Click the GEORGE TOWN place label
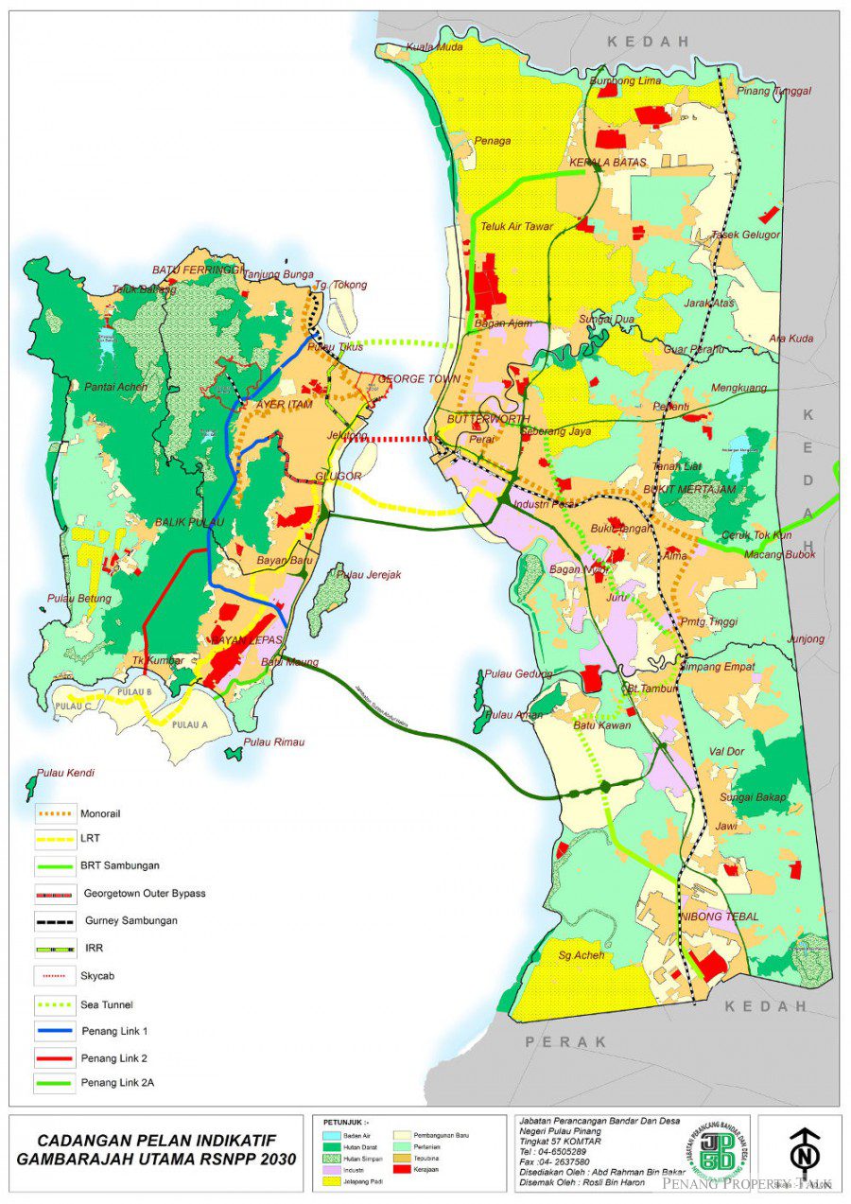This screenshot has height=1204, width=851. pyautogui.click(x=419, y=378)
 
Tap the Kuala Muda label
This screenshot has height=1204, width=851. pyautogui.click(x=434, y=47)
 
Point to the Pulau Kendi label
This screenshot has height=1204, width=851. pyautogui.click(x=65, y=773)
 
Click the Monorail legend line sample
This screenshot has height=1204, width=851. pyautogui.click(x=55, y=812)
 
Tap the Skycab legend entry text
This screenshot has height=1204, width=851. pyautogui.click(x=97, y=974)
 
